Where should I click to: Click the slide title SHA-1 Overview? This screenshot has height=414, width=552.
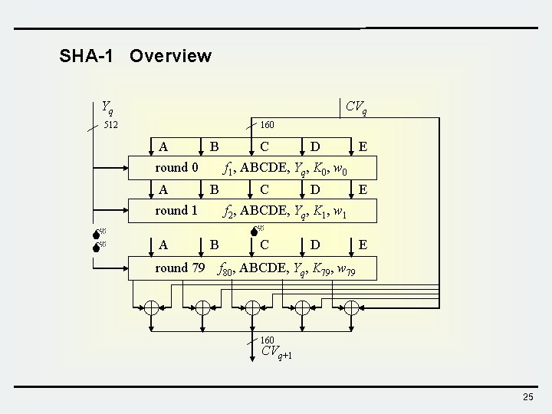135,56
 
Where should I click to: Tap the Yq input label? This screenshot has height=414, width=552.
107,107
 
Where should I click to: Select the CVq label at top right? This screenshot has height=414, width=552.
356,107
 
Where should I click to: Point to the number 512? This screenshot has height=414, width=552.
110,125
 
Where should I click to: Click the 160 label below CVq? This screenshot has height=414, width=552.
268,125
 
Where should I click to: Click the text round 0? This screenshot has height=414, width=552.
176,167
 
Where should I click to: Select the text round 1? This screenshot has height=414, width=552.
176,210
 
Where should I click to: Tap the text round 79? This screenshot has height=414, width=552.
179,268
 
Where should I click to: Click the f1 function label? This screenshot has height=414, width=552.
228,168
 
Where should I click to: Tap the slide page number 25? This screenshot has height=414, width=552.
527,396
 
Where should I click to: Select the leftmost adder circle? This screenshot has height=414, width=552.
152,307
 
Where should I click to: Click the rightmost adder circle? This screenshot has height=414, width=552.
351,307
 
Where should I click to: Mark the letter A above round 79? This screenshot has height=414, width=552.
163,245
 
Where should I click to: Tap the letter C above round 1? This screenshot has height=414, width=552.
264,189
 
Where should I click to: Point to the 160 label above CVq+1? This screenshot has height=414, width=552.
267,340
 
